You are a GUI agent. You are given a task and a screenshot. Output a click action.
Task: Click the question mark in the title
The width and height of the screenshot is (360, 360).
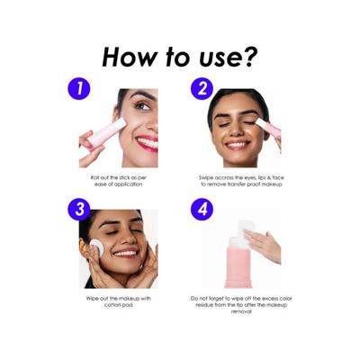248,56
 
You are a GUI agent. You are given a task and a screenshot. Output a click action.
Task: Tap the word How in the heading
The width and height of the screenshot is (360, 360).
130,57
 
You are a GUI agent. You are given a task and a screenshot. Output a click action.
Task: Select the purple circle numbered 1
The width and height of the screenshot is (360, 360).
78,89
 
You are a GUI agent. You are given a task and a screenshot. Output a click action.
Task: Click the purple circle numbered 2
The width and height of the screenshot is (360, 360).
202,89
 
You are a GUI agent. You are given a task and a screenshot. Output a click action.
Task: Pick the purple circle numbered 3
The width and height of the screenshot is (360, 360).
79,210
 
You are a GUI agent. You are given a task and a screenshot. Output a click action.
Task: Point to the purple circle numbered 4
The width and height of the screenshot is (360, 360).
202,210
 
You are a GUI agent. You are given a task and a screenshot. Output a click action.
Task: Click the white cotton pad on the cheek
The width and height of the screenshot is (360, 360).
97,248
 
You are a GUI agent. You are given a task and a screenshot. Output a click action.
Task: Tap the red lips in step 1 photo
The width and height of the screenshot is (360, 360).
147,143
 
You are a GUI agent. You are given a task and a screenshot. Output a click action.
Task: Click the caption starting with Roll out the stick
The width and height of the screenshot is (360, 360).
119,181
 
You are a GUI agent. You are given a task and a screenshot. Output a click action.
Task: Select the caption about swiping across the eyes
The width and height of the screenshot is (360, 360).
241,181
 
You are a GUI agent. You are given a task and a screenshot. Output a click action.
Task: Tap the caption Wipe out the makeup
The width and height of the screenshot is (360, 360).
119,301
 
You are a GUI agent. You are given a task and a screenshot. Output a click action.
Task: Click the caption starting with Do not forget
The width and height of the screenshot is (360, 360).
241,305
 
